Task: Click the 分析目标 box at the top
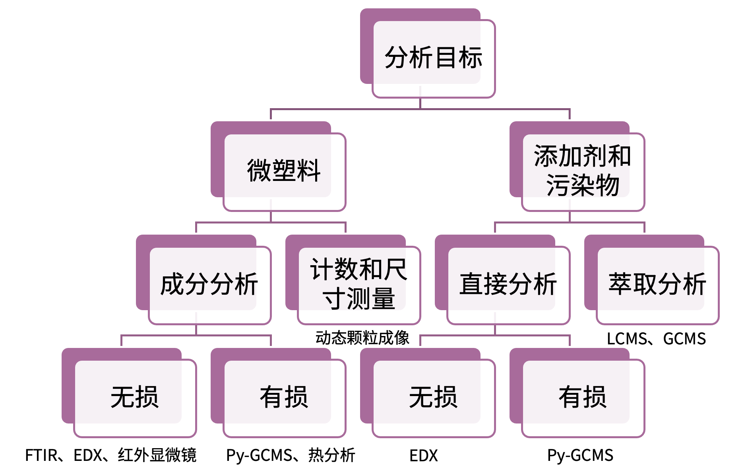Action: coord(433,57)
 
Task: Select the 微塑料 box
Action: coord(284,171)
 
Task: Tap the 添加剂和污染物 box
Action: coord(582,171)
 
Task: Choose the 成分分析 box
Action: coord(209,284)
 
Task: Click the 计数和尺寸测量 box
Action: coord(358,284)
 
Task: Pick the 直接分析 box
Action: coord(508,284)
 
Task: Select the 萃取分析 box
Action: coord(657,284)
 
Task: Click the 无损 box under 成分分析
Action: coord(134,397)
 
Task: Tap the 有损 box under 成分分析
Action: coord(284,397)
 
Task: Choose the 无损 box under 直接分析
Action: coord(433,397)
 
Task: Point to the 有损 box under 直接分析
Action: coord(582,397)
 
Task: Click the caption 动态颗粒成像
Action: coord(362,338)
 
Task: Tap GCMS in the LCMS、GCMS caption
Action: coord(684,339)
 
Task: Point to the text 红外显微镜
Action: coord(157,455)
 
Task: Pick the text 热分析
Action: coord(331,455)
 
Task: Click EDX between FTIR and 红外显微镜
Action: coord(88,455)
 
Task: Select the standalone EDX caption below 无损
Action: coord(424,456)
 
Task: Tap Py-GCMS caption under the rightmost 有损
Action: coord(580,456)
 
